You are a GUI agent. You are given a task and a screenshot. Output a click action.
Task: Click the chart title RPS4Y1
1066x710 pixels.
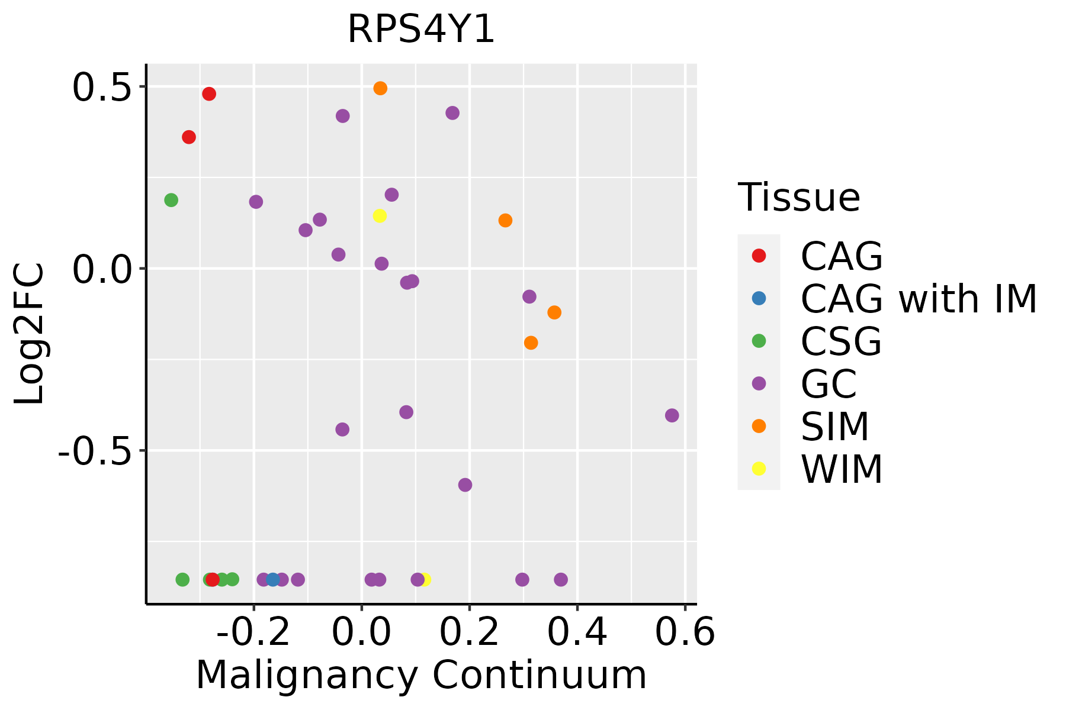(x=420, y=30)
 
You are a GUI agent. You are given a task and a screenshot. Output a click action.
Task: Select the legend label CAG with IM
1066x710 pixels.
(x=919, y=299)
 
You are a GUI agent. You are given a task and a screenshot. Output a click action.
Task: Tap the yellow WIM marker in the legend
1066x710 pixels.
(x=759, y=469)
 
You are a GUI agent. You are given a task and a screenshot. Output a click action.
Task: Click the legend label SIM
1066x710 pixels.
(x=834, y=427)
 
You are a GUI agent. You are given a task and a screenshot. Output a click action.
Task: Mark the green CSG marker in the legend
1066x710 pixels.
(x=759, y=341)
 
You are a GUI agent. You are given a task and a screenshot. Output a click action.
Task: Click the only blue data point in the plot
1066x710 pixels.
(x=272, y=579)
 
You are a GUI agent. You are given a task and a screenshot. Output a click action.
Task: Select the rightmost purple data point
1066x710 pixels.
(x=672, y=415)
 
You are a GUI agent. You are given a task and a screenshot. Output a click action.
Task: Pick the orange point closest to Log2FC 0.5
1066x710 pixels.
(x=380, y=88)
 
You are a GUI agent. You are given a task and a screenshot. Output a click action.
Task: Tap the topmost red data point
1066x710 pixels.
(x=209, y=94)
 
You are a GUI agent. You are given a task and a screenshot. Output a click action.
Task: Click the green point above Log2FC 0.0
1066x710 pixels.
(x=171, y=200)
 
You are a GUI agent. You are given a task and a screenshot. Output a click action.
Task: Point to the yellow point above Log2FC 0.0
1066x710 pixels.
(x=380, y=216)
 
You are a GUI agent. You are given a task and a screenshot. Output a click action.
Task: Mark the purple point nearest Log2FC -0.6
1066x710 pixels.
(x=465, y=485)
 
